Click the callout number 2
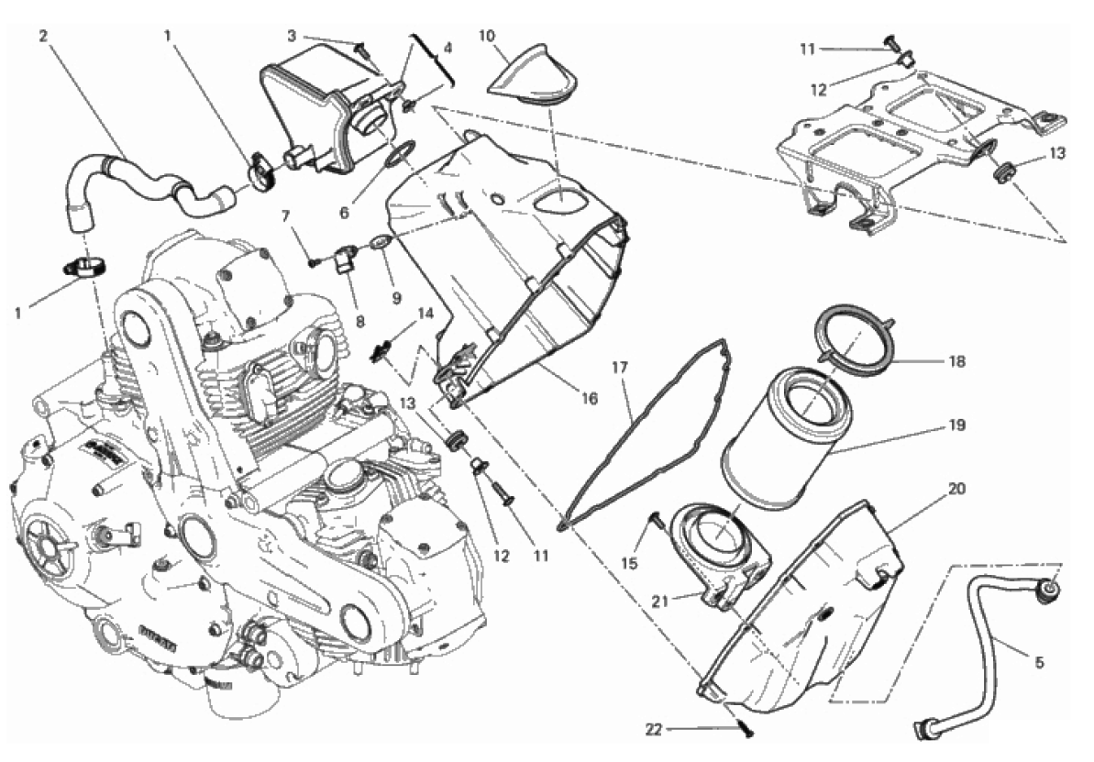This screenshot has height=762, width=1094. click(x=44, y=37)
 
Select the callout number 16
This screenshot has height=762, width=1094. click(x=589, y=399)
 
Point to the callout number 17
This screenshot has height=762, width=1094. click(x=620, y=368)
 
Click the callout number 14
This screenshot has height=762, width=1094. click(x=425, y=313)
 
